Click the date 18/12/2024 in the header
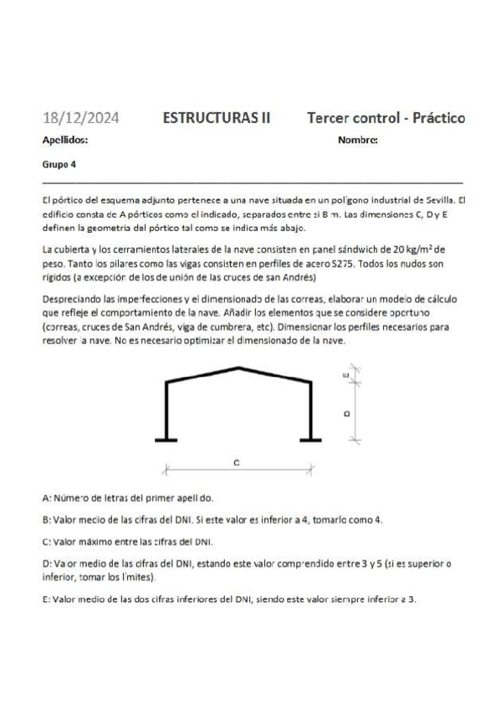(80, 118)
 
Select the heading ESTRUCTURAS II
(217, 118)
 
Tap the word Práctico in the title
(432, 118)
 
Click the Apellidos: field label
(64, 141)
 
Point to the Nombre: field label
(358, 141)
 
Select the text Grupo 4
(58, 164)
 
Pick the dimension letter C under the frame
(238, 462)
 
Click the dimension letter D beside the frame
(346, 413)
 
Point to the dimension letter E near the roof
(346, 376)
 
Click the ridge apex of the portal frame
(240, 368)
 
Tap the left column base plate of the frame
(167, 440)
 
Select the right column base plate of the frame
(311, 440)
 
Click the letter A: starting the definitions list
(46, 496)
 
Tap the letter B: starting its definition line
(46, 519)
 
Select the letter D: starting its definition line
(46, 563)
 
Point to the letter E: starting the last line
(46, 599)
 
